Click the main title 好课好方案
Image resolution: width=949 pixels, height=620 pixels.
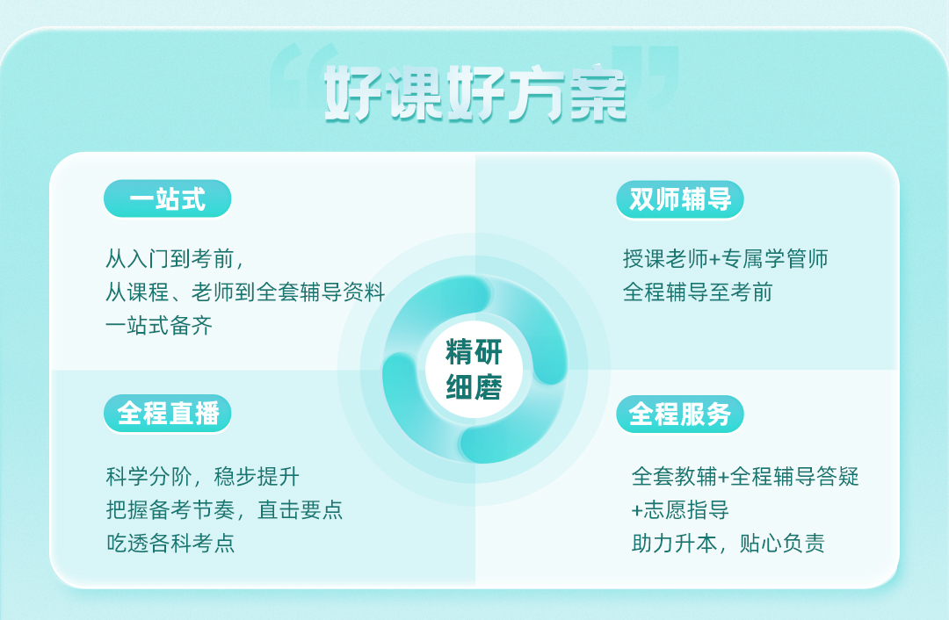475,94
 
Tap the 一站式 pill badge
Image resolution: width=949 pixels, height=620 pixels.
168,199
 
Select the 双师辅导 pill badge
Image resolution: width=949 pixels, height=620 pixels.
679,199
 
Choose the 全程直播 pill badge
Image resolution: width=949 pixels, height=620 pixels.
168,414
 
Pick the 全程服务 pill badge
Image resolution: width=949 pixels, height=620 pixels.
679,414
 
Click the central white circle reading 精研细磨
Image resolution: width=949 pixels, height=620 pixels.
474,370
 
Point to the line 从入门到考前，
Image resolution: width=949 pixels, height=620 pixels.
175,259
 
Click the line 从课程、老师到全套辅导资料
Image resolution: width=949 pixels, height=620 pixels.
245,292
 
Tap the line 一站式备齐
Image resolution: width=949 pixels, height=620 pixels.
159,326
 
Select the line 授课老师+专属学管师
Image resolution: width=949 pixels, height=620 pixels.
726,259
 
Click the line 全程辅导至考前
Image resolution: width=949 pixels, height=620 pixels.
698,292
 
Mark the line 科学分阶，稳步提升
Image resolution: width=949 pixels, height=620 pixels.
203,477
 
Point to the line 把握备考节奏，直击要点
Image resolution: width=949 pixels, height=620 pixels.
225,510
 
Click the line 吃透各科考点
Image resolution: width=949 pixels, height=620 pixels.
170,544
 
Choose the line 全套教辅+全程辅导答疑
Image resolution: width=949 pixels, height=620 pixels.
745,477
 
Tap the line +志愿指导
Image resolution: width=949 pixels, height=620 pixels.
680,510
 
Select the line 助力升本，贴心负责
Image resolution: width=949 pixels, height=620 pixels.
728,544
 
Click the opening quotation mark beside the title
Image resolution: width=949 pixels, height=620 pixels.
302,68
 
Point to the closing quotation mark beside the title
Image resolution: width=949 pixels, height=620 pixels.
646,68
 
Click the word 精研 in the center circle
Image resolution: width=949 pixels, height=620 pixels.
474,352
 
